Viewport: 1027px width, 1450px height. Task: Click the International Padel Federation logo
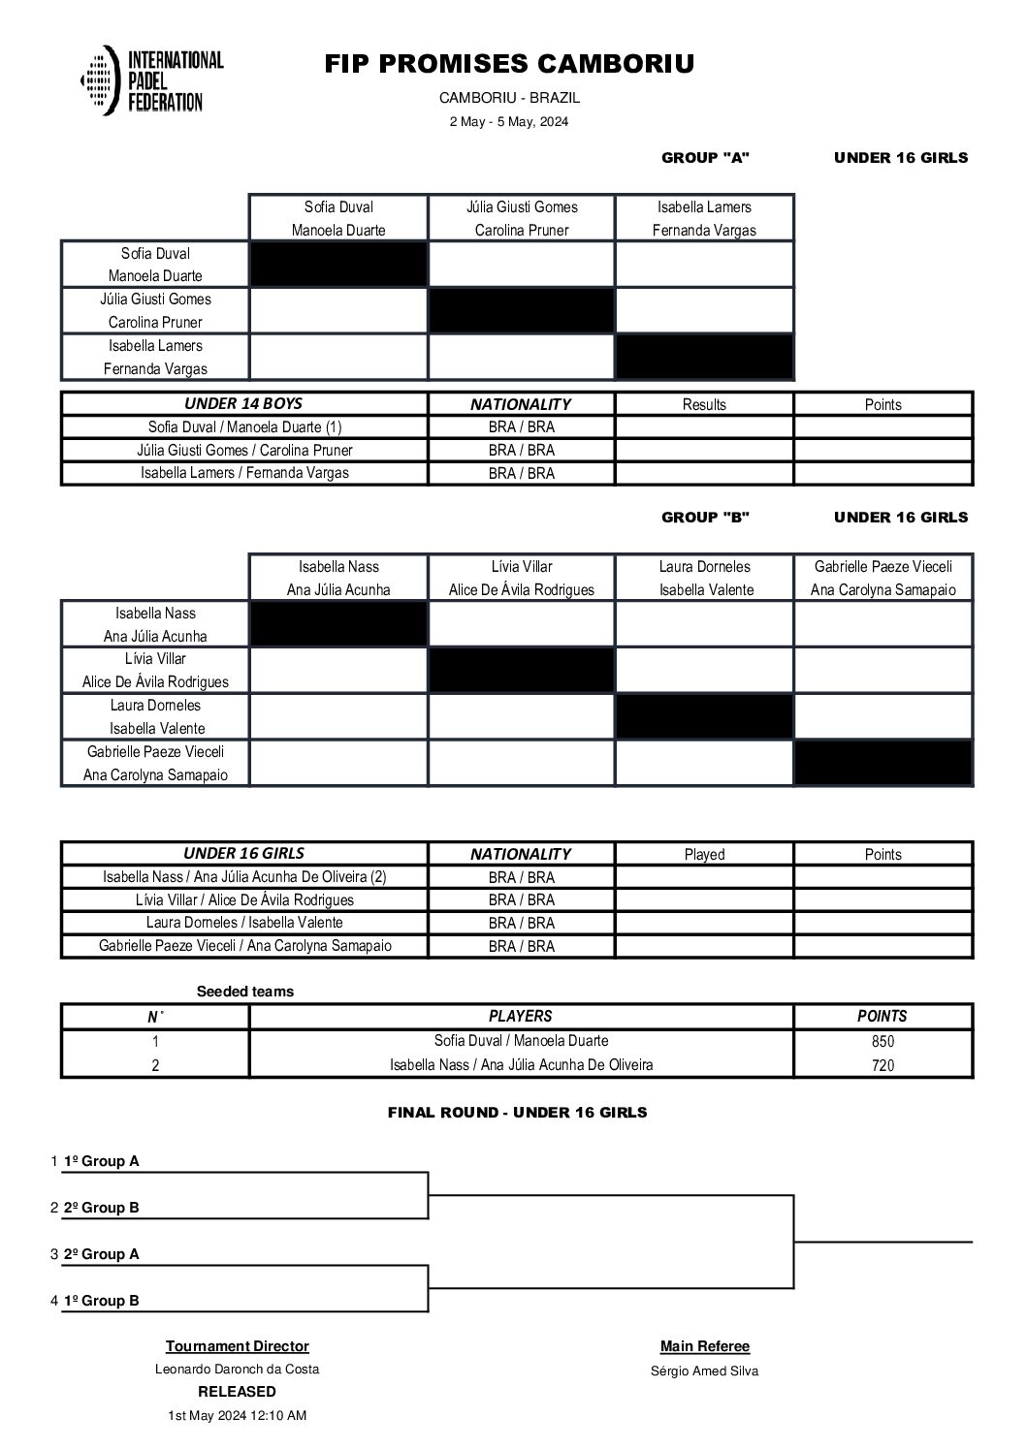pos(152,81)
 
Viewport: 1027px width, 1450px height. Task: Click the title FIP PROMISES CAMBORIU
pos(509,64)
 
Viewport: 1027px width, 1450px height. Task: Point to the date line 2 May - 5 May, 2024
pos(509,122)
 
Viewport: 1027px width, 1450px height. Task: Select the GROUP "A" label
pos(705,158)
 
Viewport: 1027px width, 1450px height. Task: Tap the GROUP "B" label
pos(705,518)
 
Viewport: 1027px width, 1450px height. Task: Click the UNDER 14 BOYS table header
pos(243,404)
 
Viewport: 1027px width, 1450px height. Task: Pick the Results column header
pos(704,405)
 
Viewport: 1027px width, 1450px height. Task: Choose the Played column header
pos(704,855)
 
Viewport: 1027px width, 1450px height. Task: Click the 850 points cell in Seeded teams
pos(883,1042)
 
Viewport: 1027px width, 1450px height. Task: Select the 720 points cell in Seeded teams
pos(883,1065)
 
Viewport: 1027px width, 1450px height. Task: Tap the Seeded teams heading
pos(244,992)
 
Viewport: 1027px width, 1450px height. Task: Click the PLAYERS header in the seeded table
pos(521,1017)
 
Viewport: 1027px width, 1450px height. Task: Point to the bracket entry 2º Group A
pos(101,1254)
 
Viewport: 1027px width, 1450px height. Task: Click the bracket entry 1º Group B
pos(101,1301)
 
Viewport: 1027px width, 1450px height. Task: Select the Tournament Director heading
pos(238,1346)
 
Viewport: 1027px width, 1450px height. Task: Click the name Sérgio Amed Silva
pos(705,1371)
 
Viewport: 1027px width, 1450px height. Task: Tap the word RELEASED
pos(238,1392)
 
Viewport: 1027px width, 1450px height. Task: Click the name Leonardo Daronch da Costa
pos(238,1370)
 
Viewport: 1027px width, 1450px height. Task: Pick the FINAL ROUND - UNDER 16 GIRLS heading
pos(517,1113)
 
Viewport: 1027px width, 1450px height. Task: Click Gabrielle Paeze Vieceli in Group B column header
pos(883,567)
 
